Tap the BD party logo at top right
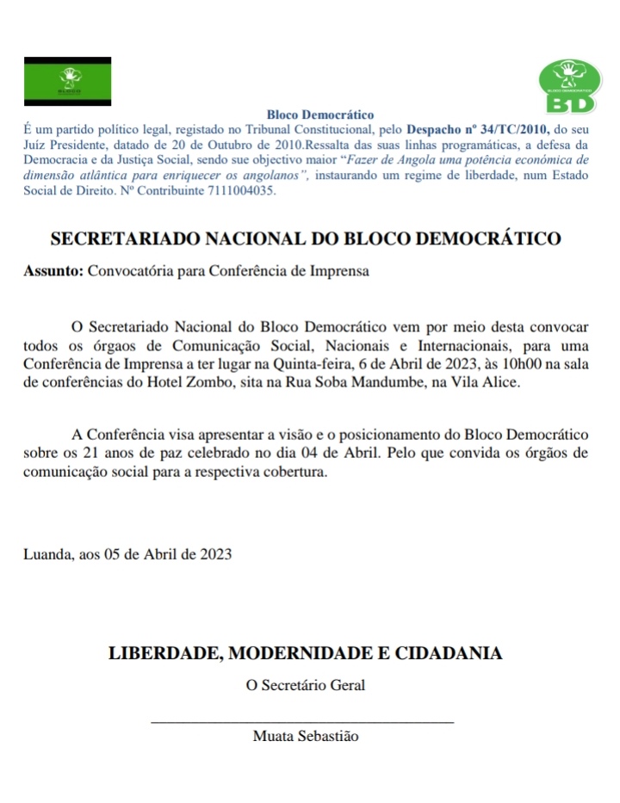click(x=567, y=86)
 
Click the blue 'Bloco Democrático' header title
click(x=320, y=114)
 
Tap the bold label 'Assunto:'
click(x=53, y=271)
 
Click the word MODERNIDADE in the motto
click(x=302, y=652)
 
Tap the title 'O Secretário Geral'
click(x=306, y=686)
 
